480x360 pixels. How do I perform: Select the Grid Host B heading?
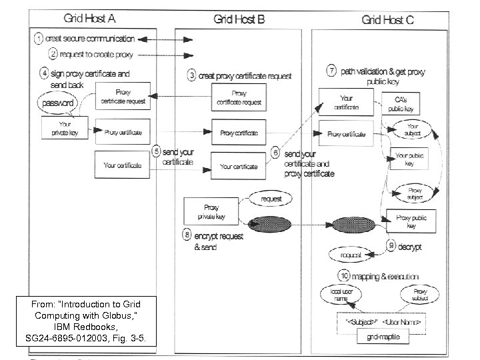pos(239,19)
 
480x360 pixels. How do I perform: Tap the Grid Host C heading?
pos(387,19)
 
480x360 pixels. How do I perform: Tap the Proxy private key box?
pos(211,211)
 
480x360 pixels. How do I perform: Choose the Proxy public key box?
pos(411,220)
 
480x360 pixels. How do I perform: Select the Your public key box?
pos(409,159)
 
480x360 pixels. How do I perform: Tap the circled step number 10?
pos(344,275)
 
